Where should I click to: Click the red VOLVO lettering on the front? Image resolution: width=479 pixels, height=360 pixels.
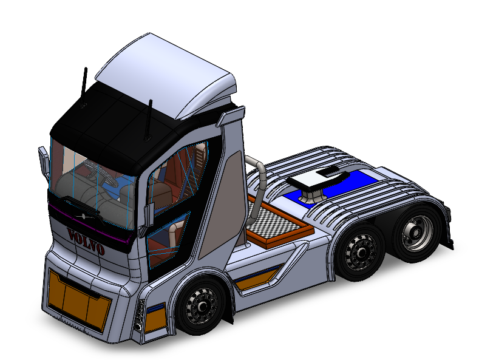tap(86, 242)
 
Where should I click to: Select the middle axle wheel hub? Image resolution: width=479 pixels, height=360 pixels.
tap(361, 252)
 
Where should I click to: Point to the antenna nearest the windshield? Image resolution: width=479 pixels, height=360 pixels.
tap(83, 87)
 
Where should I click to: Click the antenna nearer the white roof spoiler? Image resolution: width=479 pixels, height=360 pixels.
tap(149, 121)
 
